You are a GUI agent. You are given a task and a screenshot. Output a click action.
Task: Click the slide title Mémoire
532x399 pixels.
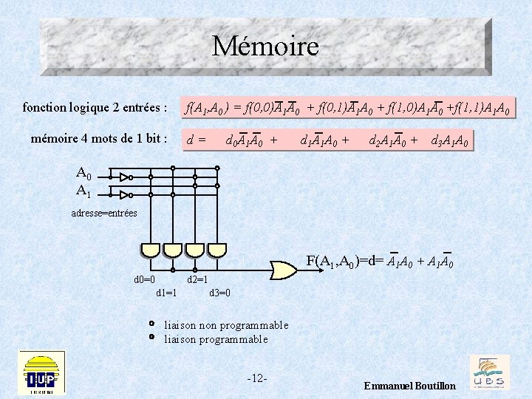(265, 47)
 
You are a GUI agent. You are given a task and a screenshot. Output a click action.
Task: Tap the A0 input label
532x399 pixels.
(83, 174)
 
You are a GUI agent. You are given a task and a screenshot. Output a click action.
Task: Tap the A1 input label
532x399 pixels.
(83, 191)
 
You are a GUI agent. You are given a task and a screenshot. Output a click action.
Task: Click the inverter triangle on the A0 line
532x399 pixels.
(126, 177)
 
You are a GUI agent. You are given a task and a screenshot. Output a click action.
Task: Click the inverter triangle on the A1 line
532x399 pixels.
(126, 194)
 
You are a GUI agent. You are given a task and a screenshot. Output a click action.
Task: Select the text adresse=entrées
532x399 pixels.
(104, 213)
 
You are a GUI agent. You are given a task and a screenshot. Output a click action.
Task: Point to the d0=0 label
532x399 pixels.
(144, 279)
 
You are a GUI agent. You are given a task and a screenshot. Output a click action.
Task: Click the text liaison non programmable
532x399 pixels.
(226, 325)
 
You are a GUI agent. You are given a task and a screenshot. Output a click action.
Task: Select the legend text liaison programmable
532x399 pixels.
(216, 339)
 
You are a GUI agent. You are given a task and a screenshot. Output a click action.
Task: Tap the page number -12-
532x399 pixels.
(257, 378)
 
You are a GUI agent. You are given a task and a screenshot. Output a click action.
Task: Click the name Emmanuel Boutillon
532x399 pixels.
(410, 386)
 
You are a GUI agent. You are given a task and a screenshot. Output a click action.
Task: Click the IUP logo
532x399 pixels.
(42, 373)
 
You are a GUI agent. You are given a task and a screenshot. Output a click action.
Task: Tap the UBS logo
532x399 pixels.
(489, 372)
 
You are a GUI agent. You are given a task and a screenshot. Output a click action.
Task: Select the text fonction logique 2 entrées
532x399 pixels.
(95, 109)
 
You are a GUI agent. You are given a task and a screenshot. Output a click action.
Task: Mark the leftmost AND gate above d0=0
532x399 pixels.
(151, 249)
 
